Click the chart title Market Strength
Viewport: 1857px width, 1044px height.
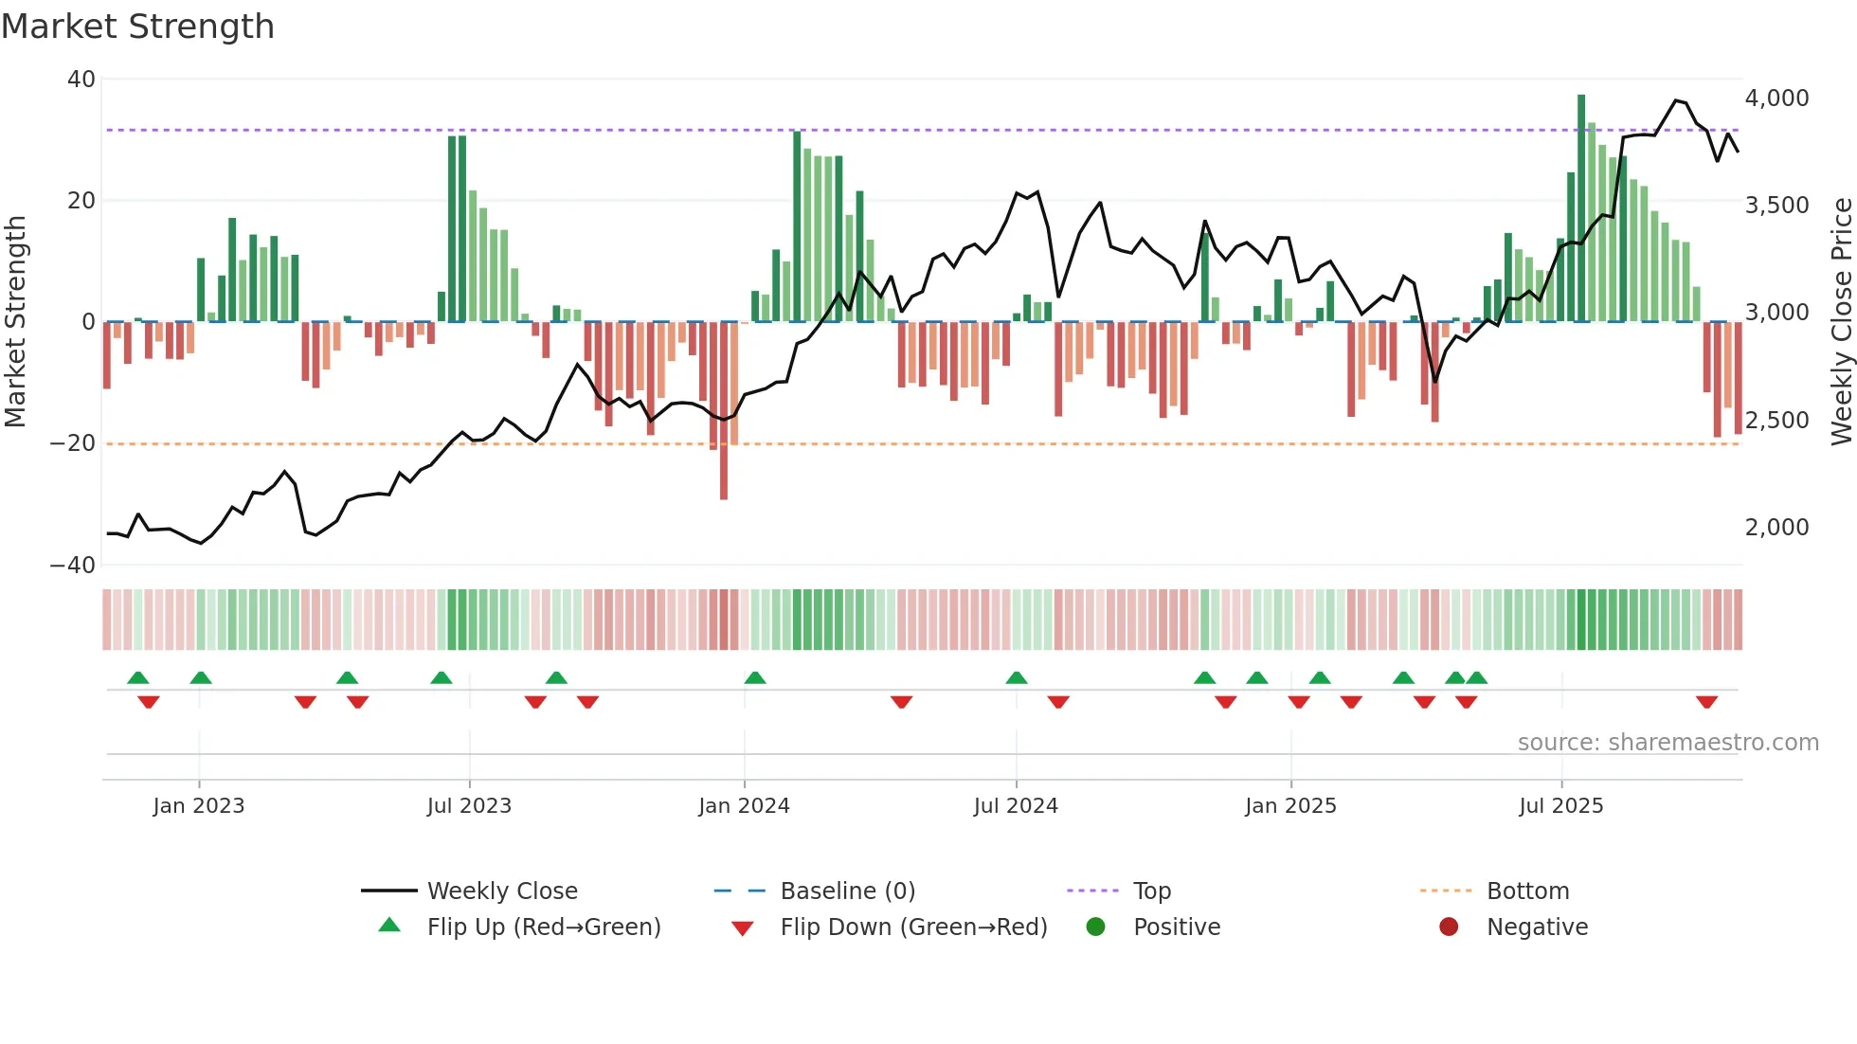click(x=137, y=27)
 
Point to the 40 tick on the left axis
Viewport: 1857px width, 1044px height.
click(x=81, y=80)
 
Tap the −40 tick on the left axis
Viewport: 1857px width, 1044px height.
click(x=73, y=566)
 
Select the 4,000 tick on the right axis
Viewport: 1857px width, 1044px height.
click(x=1776, y=99)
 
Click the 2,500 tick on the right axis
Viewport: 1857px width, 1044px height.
click(x=1776, y=421)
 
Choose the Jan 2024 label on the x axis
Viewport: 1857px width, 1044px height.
click(x=744, y=806)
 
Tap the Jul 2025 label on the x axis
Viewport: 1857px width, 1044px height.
click(x=1560, y=806)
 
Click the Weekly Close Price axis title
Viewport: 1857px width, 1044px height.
click(x=1841, y=322)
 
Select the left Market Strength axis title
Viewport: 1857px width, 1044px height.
click(x=16, y=322)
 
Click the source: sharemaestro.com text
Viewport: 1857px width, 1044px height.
click(x=1668, y=743)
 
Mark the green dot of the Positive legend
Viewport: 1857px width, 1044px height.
click(x=1096, y=927)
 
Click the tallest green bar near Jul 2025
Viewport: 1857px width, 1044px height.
click(x=1581, y=208)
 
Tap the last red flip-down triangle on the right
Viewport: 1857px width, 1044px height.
click(x=1706, y=702)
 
